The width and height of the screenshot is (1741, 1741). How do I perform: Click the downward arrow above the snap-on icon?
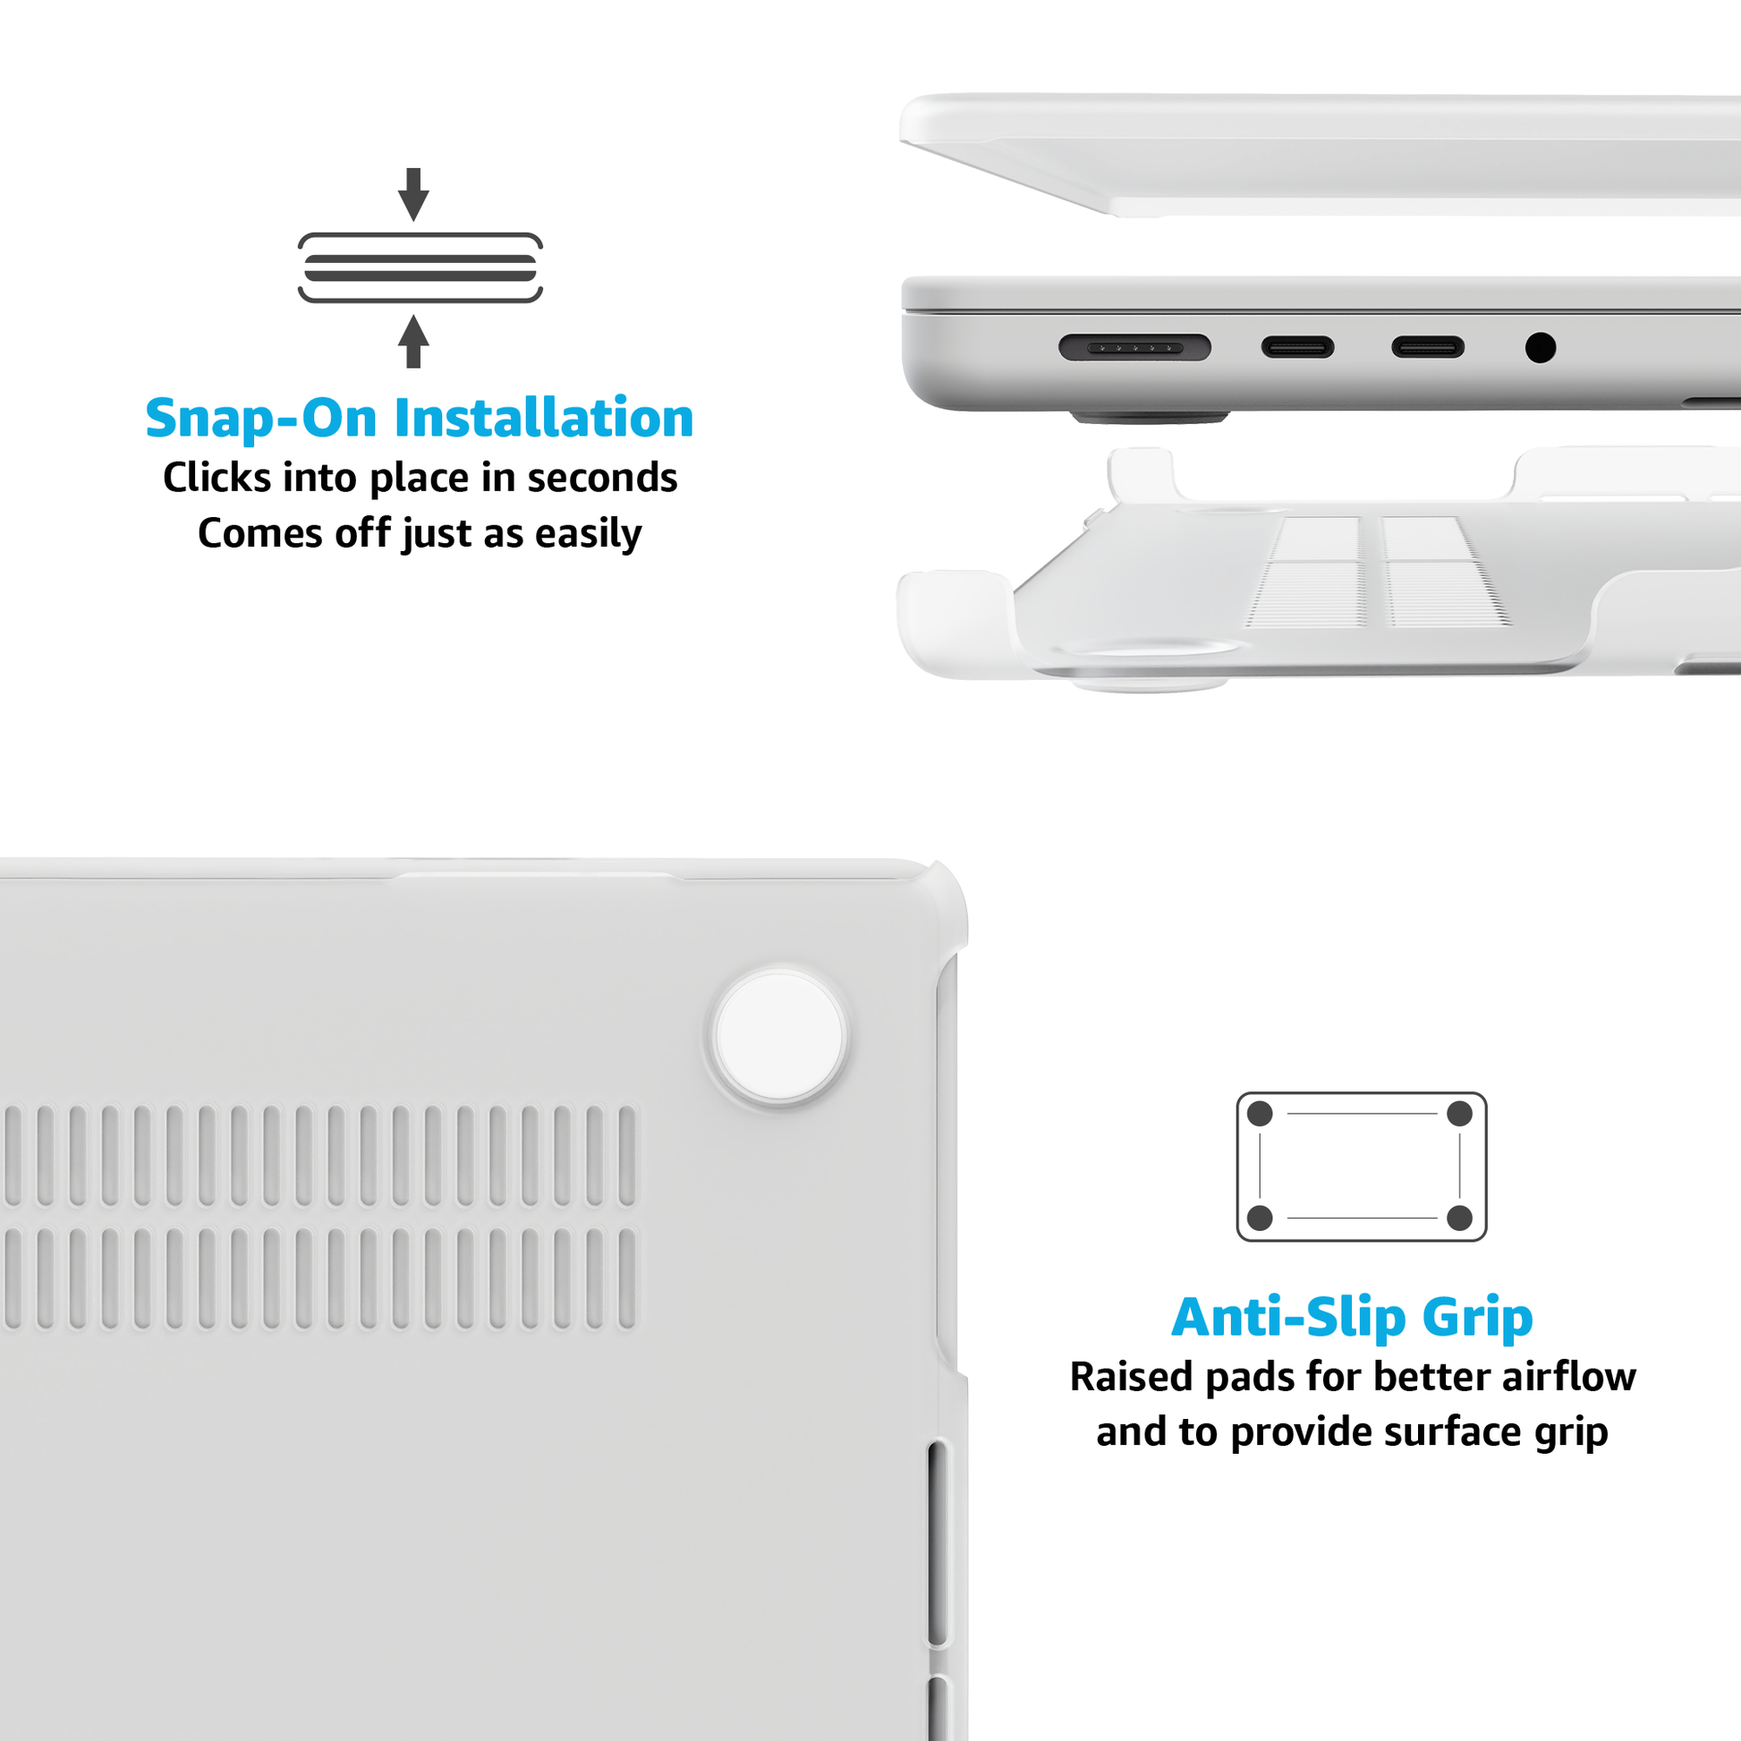[x=413, y=194]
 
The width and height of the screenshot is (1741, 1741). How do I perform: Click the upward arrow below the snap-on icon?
[x=413, y=341]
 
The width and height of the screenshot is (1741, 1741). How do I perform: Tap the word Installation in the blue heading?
[x=544, y=418]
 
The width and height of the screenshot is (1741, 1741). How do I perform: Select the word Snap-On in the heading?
[x=261, y=420]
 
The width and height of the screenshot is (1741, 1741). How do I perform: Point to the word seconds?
[x=602, y=478]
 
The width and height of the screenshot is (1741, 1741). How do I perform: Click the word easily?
[x=589, y=534]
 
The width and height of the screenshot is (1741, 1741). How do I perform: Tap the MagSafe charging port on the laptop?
[x=1134, y=347]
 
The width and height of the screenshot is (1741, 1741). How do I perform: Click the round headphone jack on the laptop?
[x=1540, y=347]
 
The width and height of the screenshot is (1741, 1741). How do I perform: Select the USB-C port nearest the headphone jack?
[x=1427, y=347]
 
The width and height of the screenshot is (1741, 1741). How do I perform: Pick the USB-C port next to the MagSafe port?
[x=1297, y=347]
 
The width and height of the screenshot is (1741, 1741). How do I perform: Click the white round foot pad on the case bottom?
[x=779, y=1036]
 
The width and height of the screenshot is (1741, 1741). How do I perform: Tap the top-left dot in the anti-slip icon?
[x=1260, y=1114]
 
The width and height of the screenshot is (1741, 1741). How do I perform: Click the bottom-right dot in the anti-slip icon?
[x=1460, y=1219]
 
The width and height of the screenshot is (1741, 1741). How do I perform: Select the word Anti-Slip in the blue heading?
[x=1288, y=1318]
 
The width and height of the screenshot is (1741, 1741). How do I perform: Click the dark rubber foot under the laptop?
[x=1150, y=418]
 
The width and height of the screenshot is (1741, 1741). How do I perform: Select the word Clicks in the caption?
[x=217, y=478]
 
